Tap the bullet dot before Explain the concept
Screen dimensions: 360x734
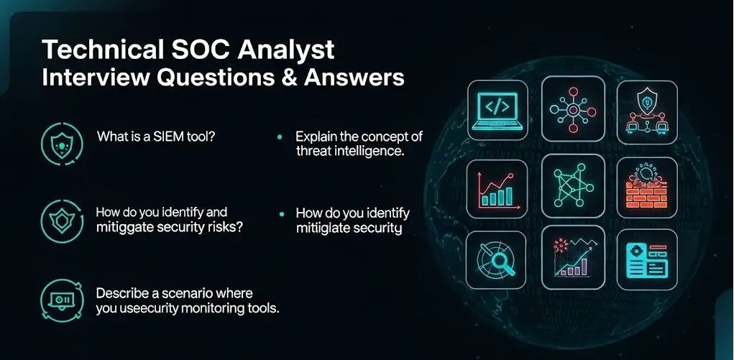(x=280, y=137)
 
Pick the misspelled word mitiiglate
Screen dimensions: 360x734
(x=324, y=229)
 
